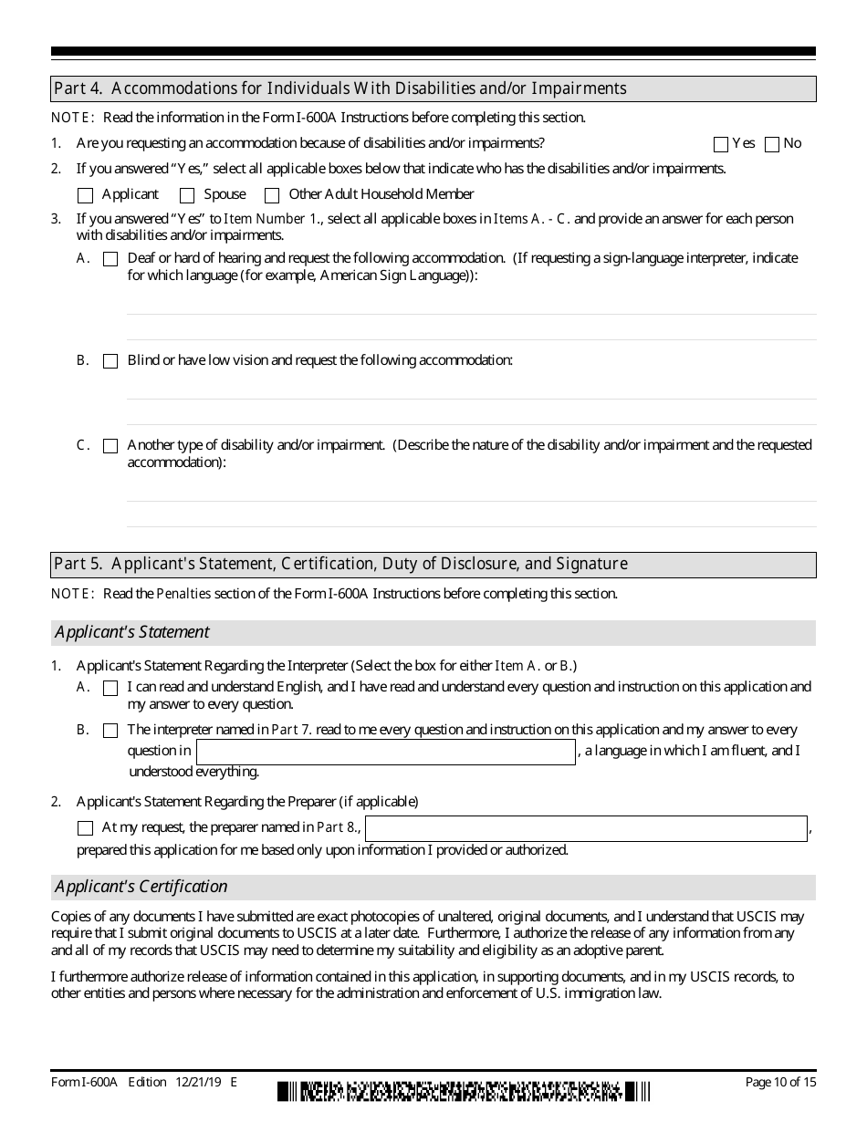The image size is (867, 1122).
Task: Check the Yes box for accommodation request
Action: pyautogui.click(x=721, y=144)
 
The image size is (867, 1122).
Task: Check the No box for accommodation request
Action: pyautogui.click(x=772, y=144)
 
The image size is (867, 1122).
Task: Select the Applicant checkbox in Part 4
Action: pyautogui.click(x=86, y=195)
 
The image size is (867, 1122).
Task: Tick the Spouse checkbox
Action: pyautogui.click(x=187, y=195)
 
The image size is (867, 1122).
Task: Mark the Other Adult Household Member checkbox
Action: pyautogui.click(x=272, y=195)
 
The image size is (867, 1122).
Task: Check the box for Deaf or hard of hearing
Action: pyautogui.click(x=110, y=259)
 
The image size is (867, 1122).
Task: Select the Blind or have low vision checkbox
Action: pyautogui.click(x=110, y=361)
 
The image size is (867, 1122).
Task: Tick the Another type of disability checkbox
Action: pyautogui.click(x=110, y=446)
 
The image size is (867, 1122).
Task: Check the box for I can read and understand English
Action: pyautogui.click(x=110, y=688)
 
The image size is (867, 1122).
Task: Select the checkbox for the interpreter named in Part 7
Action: pyautogui.click(x=110, y=731)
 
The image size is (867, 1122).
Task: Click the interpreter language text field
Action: pyautogui.click(x=386, y=752)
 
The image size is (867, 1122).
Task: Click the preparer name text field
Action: pyautogui.click(x=586, y=828)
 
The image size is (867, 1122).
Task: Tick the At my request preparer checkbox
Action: pyautogui.click(x=86, y=828)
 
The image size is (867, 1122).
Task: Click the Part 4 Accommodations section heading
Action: pyautogui.click(x=433, y=88)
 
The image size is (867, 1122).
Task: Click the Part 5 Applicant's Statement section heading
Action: pyautogui.click(x=433, y=564)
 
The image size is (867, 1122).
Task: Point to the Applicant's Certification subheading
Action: pyautogui.click(x=141, y=887)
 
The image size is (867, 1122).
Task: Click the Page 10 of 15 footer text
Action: pyautogui.click(x=780, y=1083)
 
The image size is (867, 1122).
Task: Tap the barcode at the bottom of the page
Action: pyautogui.click(x=464, y=1091)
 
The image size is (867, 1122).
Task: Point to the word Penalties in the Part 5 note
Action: pyautogui.click(x=183, y=594)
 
